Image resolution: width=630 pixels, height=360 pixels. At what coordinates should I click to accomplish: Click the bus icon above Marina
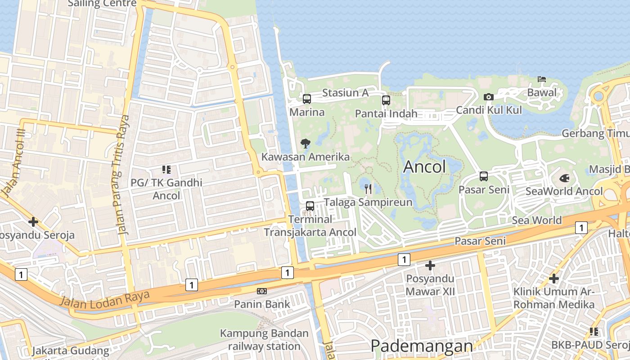[307, 99]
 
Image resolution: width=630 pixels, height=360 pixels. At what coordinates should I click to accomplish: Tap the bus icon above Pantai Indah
[386, 100]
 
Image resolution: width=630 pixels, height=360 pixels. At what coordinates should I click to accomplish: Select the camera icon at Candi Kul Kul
[488, 97]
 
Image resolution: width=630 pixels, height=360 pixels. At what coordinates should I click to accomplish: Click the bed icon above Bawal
[542, 80]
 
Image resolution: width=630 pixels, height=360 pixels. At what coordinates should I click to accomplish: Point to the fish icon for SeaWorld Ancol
[564, 178]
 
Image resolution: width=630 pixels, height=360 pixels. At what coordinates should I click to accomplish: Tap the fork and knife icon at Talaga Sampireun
[368, 189]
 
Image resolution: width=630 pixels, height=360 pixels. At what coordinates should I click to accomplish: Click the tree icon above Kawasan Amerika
[306, 144]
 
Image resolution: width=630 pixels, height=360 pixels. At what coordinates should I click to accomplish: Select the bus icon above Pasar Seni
[484, 176]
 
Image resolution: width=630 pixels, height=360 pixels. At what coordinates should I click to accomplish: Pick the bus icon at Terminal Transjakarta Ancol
[310, 206]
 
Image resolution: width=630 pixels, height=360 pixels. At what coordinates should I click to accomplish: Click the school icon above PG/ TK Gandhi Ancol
[166, 170]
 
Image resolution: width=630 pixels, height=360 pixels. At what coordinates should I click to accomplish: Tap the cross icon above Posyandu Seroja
[33, 222]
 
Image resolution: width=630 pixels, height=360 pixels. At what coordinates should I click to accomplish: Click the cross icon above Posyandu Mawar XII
[430, 265]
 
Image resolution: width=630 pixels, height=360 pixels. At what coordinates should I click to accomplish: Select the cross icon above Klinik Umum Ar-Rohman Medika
[553, 279]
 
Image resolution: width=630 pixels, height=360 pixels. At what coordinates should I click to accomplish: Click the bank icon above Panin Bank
[261, 291]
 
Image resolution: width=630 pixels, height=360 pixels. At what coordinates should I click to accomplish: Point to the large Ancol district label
[424, 167]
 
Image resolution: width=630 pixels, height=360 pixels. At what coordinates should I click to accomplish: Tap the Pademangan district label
[422, 346]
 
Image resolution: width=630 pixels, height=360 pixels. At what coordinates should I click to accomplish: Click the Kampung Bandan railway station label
[264, 340]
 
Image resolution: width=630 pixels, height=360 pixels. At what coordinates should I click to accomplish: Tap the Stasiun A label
[345, 93]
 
